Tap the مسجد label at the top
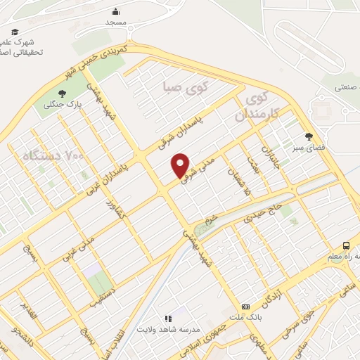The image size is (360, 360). pyautogui.click(x=115, y=22)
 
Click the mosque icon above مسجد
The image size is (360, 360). pyautogui.click(x=116, y=11)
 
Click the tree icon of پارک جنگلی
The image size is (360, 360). pyautogui.click(x=62, y=93)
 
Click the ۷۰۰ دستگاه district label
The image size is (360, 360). pyautogui.click(x=53, y=154)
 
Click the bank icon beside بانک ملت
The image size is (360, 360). pyautogui.click(x=246, y=307)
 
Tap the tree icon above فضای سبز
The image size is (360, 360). pyautogui.click(x=309, y=136)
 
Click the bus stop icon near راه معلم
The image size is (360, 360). pyautogui.click(x=346, y=245)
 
